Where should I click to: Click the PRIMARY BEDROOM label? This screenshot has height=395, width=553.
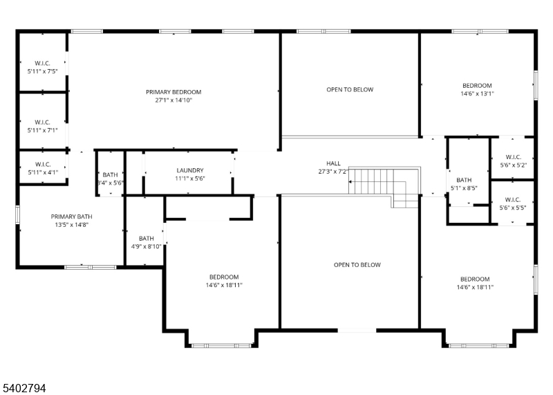tap(174, 92)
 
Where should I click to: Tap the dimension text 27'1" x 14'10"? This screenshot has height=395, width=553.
tap(174, 100)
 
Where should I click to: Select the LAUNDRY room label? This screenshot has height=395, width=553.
tap(189, 170)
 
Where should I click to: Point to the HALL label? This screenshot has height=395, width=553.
tap(333, 163)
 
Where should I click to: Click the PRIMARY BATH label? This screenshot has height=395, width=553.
tap(71, 216)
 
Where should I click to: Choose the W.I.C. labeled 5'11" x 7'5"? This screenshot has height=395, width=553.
tap(42, 63)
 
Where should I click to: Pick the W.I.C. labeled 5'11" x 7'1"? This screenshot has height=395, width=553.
tap(42, 122)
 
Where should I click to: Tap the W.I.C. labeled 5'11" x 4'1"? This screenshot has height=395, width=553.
tap(42, 163)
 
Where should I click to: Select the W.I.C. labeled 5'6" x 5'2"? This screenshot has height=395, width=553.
tap(512, 157)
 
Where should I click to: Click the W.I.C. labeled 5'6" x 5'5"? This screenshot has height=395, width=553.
tap(512, 199)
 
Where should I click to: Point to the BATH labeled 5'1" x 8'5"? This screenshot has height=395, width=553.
tap(463, 179)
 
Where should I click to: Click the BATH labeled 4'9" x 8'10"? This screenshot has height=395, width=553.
tap(146, 238)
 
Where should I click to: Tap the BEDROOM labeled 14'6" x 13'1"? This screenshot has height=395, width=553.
tap(477, 85)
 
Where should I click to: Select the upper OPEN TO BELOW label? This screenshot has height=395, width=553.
tap(350, 89)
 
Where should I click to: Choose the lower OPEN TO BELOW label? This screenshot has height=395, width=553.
tap(357, 264)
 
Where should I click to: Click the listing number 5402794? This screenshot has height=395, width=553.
tap(24, 389)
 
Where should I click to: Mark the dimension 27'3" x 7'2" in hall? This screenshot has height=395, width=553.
tap(333, 172)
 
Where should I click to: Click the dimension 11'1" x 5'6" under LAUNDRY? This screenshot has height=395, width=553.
tap(189, 178)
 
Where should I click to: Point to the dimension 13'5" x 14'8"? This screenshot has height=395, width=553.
tap(71, 224)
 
